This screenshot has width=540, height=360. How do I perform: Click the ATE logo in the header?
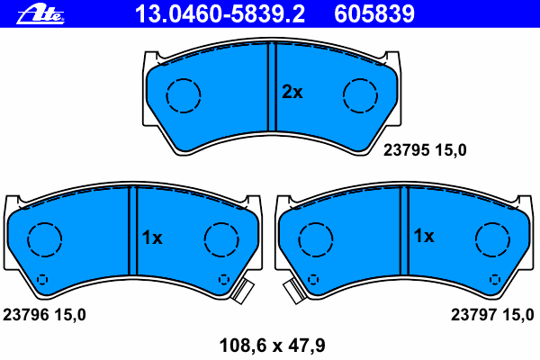point(40,14)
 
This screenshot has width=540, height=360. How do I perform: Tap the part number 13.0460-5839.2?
point(220,14)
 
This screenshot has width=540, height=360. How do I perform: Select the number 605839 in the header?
point(374,14)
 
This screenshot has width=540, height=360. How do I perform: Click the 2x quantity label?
point(292,92)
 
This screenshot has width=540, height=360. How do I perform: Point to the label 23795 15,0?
point(425,150)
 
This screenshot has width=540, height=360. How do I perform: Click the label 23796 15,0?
point(44,315)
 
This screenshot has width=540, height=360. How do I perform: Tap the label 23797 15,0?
point(492,315)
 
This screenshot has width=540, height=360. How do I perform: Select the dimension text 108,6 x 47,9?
point(272,346)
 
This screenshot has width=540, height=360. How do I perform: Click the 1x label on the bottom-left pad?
point(152,238)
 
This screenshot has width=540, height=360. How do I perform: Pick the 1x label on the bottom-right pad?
point(424,236)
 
